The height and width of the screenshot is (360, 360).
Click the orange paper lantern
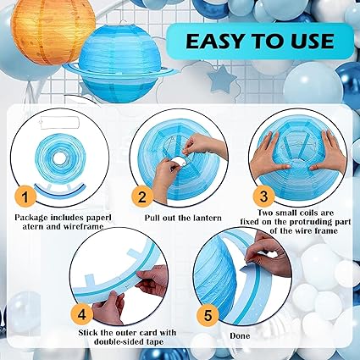(53, 32)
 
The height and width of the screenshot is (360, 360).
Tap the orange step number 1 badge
(25, 197)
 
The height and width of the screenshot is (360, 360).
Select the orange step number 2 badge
(142, 197)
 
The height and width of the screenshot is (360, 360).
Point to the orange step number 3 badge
(263, 196)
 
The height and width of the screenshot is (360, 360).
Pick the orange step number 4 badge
(81, 314)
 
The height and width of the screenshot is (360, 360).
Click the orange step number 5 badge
(208, 315)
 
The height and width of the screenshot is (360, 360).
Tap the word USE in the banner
(313, 42)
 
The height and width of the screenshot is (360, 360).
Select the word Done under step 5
(240, 336)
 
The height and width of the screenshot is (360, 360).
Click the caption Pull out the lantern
(183, 218)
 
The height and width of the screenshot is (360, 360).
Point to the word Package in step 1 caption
(31, 218)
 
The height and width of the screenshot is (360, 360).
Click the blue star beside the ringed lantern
(222, 79)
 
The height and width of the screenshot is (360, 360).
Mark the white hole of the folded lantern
(59, 159)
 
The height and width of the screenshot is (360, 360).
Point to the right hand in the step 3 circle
(329, 152)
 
